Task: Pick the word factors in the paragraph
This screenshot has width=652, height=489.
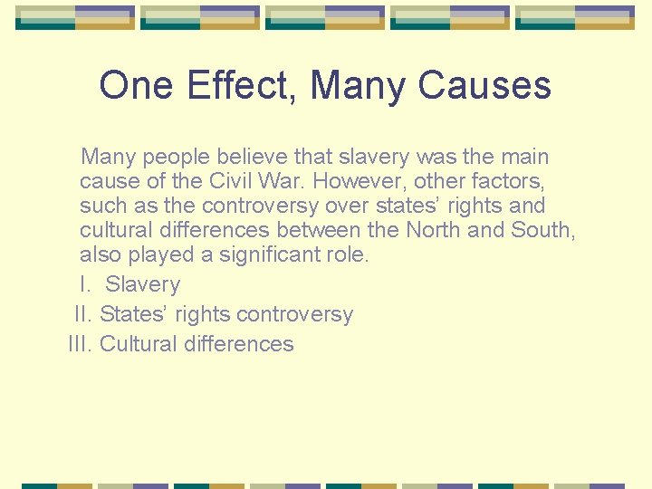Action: [506, 182]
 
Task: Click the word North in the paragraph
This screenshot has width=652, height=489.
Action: [436, 230]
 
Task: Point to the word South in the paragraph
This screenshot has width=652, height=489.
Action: [542, 230]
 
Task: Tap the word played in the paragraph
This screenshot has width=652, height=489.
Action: [168, 254]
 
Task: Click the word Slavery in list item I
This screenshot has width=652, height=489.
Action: [142, 284]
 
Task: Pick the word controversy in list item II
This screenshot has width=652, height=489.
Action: [295, 314]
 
